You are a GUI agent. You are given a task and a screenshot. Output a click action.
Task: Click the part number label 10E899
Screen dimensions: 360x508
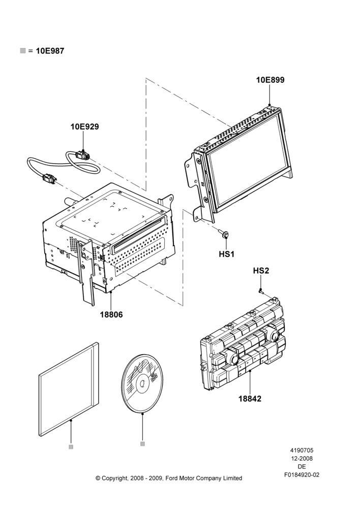[x=270, y=80]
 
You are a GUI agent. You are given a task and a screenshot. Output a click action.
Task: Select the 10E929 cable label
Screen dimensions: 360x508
[x=84, y=126]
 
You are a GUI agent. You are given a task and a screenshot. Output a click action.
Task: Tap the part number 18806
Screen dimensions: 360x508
[x=111, y=314]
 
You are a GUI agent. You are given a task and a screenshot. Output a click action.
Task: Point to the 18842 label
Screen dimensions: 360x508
[x=250, y=398]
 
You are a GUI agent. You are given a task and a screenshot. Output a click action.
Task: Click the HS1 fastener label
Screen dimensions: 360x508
[x=226, y=255]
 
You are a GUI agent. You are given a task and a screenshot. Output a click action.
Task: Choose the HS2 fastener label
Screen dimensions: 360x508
[x=261, y=271]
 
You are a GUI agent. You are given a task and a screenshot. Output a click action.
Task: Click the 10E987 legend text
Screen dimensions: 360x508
[x=50, y=51]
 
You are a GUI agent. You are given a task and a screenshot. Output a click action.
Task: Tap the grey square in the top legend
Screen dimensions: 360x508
[x=23, y=50]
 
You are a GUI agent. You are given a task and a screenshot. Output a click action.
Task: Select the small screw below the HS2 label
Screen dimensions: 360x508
[x=260, y=291]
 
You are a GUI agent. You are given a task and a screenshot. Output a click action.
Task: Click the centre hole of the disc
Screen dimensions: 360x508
[x=142, y=384]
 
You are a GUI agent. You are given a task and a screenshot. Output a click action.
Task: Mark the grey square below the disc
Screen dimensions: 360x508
[x=142, y=444]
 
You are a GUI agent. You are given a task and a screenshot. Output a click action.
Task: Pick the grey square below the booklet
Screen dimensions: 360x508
[x=71, y=447]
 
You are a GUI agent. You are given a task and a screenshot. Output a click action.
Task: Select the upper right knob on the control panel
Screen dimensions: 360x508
[x=274, y=335]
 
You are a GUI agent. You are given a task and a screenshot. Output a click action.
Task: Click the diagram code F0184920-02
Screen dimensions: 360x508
[x=302, y=475]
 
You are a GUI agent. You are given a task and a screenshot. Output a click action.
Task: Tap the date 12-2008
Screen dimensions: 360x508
[x=302, y=458]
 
